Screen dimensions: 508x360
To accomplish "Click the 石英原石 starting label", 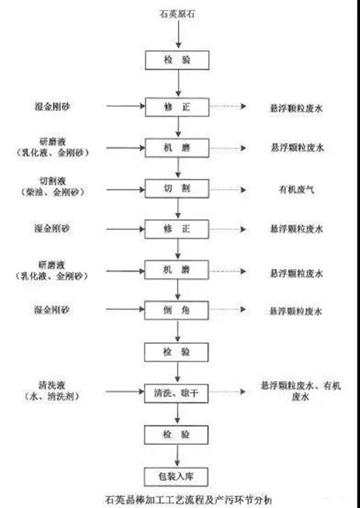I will point(178,14).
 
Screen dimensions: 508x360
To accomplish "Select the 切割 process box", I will point(177,188).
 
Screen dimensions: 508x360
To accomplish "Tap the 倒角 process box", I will point(177,310).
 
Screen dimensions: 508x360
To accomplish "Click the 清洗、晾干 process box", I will point(177,392).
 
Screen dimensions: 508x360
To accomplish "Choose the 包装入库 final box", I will point(177,475).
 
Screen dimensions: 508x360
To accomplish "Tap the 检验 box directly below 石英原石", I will point(177,59).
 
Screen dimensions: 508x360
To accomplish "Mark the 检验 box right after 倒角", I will point(177,352).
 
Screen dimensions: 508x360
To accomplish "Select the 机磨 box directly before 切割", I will point(177,147).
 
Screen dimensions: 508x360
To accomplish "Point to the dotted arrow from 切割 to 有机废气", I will point(227,188).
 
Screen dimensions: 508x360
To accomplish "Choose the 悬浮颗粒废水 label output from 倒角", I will point(296,310).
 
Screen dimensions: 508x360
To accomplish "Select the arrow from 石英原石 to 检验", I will point(178,35).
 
